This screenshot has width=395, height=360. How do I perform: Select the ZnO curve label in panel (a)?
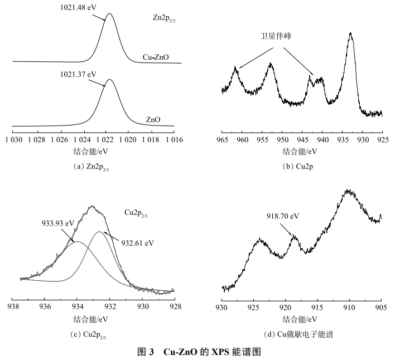[x=152, y=119]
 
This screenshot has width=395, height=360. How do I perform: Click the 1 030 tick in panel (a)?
[x=12, y=138]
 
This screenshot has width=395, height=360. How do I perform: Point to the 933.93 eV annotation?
[x=57, y=222]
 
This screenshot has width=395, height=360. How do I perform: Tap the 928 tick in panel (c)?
[x=175, y=306]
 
